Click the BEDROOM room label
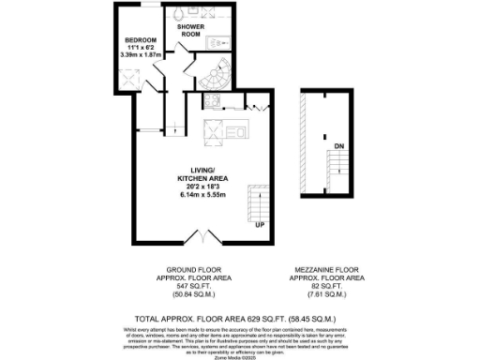click(142, 40)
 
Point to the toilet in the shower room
click(180, 14)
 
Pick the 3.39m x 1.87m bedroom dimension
click(142, 55)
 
